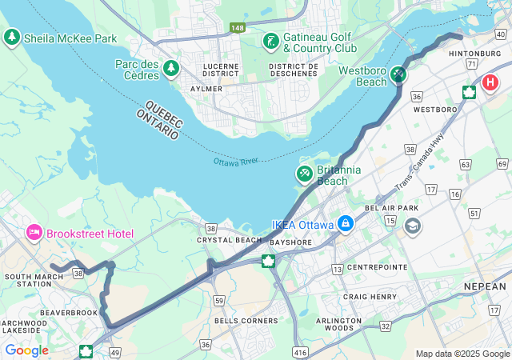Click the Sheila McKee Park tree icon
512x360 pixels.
pyautogui.click(x=12, y=37)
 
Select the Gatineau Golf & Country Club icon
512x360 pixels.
pyautogui.click(x=271, y=41)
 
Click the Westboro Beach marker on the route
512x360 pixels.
pyautogui.click(x=398, y=74)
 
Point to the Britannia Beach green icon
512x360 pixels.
pyautogui.click(x=305, y=174)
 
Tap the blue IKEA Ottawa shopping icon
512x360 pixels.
pyautogui.click(x=345, y=223)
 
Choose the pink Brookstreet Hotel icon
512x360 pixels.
pyautogui.click(x=34, y=233)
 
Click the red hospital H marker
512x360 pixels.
pyautogui.click(x=490, y=82)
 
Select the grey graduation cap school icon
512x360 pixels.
pyautogui.click(x=412, y=226)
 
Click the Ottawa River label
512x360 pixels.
pyautogui.click(x=236, y=162)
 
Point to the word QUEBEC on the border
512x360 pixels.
pyautogui.click(x=164, y=114)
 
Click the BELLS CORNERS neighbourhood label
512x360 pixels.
pyautogui.click(x=246, y=321)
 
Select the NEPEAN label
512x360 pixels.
pyautogui.click(x=485, y=286)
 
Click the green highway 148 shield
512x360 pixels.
pyautogui.click(x=238, y=28)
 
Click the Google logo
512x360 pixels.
pyautogui.click(x=26, y=350)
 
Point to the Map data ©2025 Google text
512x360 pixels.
pyautogui.click(x=462, y=353)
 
